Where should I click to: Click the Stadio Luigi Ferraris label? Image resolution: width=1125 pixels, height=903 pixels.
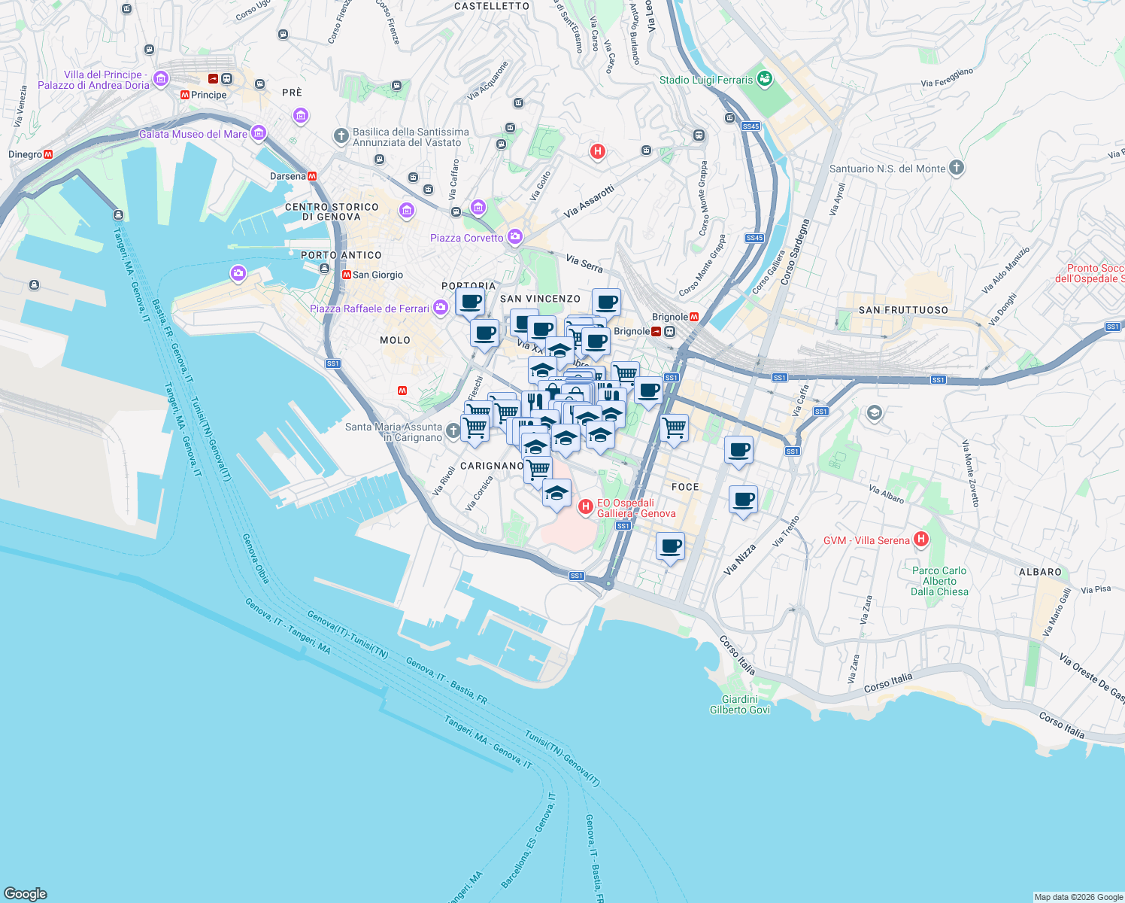(x=705, y=80)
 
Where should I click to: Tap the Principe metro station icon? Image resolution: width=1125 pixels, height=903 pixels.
(x=185, y=95)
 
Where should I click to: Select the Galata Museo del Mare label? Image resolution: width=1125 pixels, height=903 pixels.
(x=193, y=134)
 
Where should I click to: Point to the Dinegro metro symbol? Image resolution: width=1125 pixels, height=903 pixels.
(x=48, y=154)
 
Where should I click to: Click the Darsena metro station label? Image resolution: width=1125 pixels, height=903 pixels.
(x=288, y=176)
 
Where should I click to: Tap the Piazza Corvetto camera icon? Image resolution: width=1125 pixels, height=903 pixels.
(x=515, y=238)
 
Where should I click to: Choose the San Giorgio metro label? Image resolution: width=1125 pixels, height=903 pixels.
(x=378, y=275)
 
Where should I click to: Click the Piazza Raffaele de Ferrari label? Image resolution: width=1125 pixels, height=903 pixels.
(x=369, y=309)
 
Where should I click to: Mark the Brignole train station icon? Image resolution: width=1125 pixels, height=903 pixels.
(x=657, y=331)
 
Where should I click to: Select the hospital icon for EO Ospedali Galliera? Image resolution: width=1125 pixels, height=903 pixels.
(x=586, y=508)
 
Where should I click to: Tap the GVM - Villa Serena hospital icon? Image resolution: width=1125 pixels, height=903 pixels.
(x=921, y=540)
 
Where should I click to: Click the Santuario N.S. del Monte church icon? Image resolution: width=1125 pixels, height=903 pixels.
(x=957, y=168)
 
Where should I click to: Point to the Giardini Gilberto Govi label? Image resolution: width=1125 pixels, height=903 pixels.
(x=740, y=704)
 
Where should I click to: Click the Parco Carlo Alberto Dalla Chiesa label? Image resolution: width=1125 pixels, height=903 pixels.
(x=939, y=581)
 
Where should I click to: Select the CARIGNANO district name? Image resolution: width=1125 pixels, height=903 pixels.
(x=492, y=466)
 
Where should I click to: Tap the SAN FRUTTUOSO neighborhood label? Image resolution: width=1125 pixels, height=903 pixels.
(x=903, y=310)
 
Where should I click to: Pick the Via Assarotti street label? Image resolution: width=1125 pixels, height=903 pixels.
(x=590, y=202)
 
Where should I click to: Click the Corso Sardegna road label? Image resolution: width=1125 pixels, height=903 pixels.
(x=796, y=252)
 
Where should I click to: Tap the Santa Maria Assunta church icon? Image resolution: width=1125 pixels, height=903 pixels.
(x=453, y=430)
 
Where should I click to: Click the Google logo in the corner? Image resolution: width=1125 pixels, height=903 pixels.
(x=26, y=893)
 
